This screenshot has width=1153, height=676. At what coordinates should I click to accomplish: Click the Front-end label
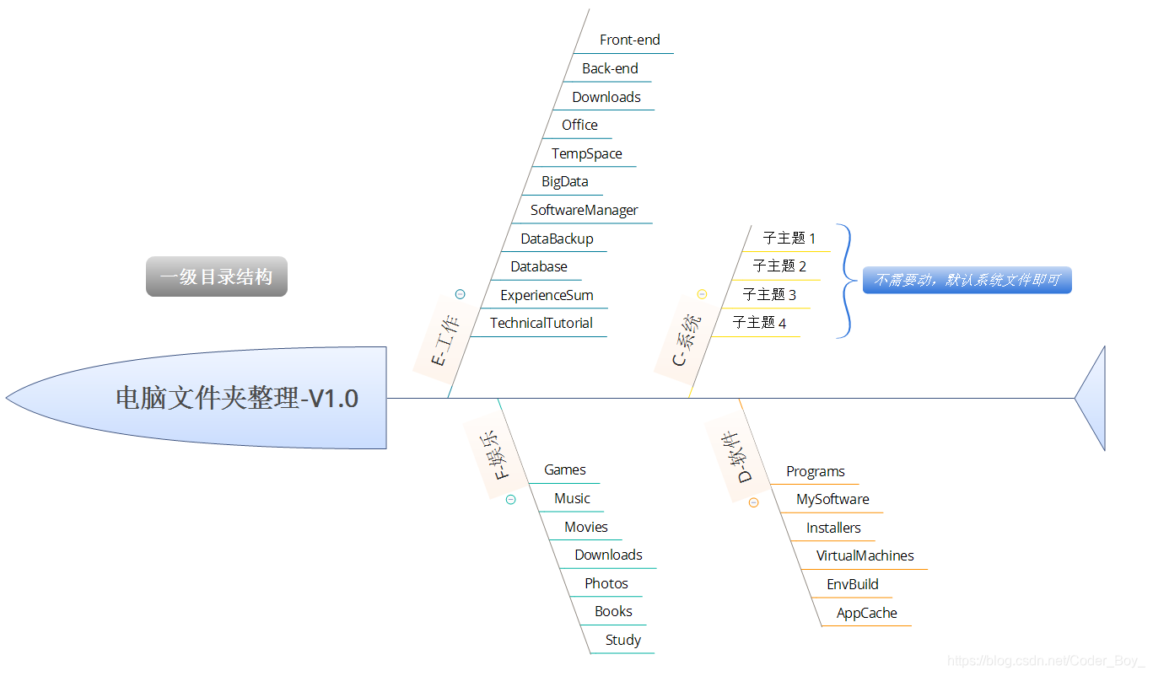coord(629,40)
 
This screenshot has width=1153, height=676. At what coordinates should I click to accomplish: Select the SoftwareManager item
coord(584,210)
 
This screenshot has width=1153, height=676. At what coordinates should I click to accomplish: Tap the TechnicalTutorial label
coord(541,323)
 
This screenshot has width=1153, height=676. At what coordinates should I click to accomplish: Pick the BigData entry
coord(564,181)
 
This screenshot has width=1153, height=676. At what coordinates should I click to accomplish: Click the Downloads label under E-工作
coord(606,97)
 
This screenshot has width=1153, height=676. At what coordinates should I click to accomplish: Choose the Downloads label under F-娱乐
coord(608,555)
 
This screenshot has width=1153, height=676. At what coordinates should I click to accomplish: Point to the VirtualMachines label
coord(865,555)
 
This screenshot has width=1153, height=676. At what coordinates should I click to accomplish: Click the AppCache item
coord(866,613)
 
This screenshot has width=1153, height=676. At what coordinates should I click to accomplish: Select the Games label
coord(564,469)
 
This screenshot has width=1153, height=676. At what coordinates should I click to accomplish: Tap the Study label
coord(622,640)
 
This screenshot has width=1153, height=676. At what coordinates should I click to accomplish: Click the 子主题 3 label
coord(768,294)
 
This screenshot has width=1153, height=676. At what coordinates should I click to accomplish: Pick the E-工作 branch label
coord(444,341)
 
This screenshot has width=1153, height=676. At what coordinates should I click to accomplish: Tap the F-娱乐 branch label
coord(496,455)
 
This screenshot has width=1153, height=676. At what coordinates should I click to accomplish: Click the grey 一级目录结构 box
coord(216,276)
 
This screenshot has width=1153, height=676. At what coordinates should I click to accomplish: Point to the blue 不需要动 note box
coord(967,280)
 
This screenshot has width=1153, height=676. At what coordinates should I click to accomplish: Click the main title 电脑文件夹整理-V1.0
coord(236,398)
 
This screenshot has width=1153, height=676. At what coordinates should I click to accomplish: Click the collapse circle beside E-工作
coord(460,294)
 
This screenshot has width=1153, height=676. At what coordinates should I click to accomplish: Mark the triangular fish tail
coord(1093,398)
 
